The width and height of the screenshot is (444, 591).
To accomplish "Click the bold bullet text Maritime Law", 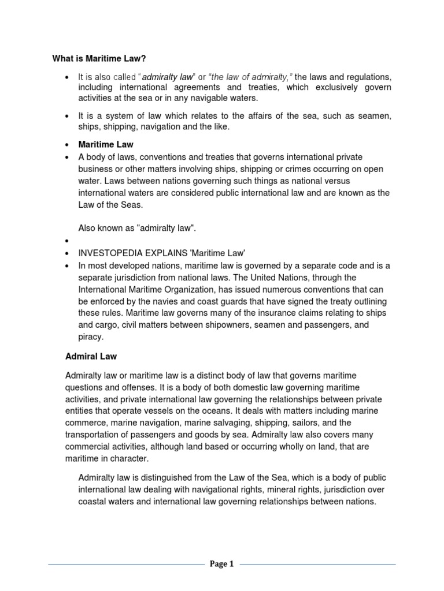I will [x=106, y=145].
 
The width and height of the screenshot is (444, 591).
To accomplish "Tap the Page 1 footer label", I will [x=221, y=565].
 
